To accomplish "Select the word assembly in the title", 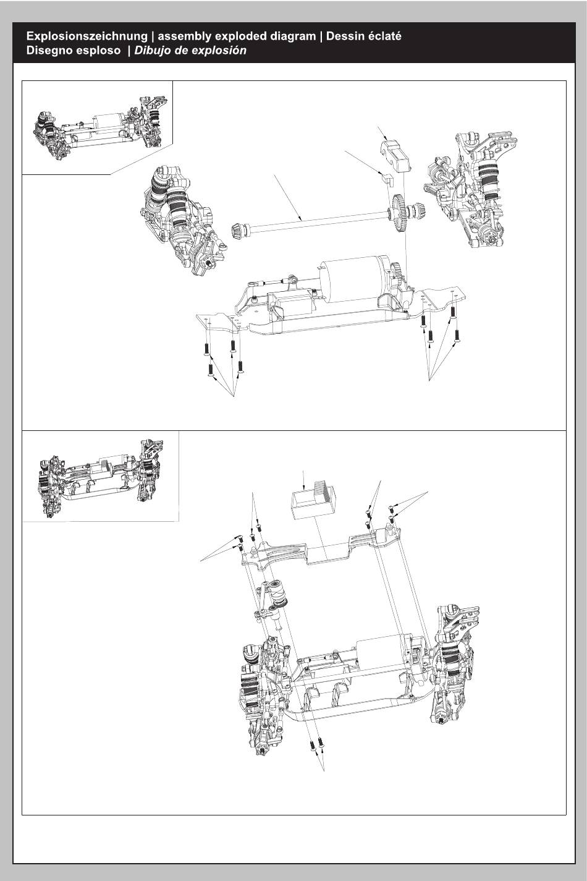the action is tap(184, 36).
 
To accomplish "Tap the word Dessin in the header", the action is tap(345, 36).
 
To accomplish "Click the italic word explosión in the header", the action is tap(221, 51).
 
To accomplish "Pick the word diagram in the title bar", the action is tap(292, 36).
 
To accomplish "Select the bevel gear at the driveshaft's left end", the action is tap(237, 228).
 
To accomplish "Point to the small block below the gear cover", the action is tap(387, 179).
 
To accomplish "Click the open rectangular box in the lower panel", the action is tap(312, 500).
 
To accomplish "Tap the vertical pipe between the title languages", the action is tap(153, 36).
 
